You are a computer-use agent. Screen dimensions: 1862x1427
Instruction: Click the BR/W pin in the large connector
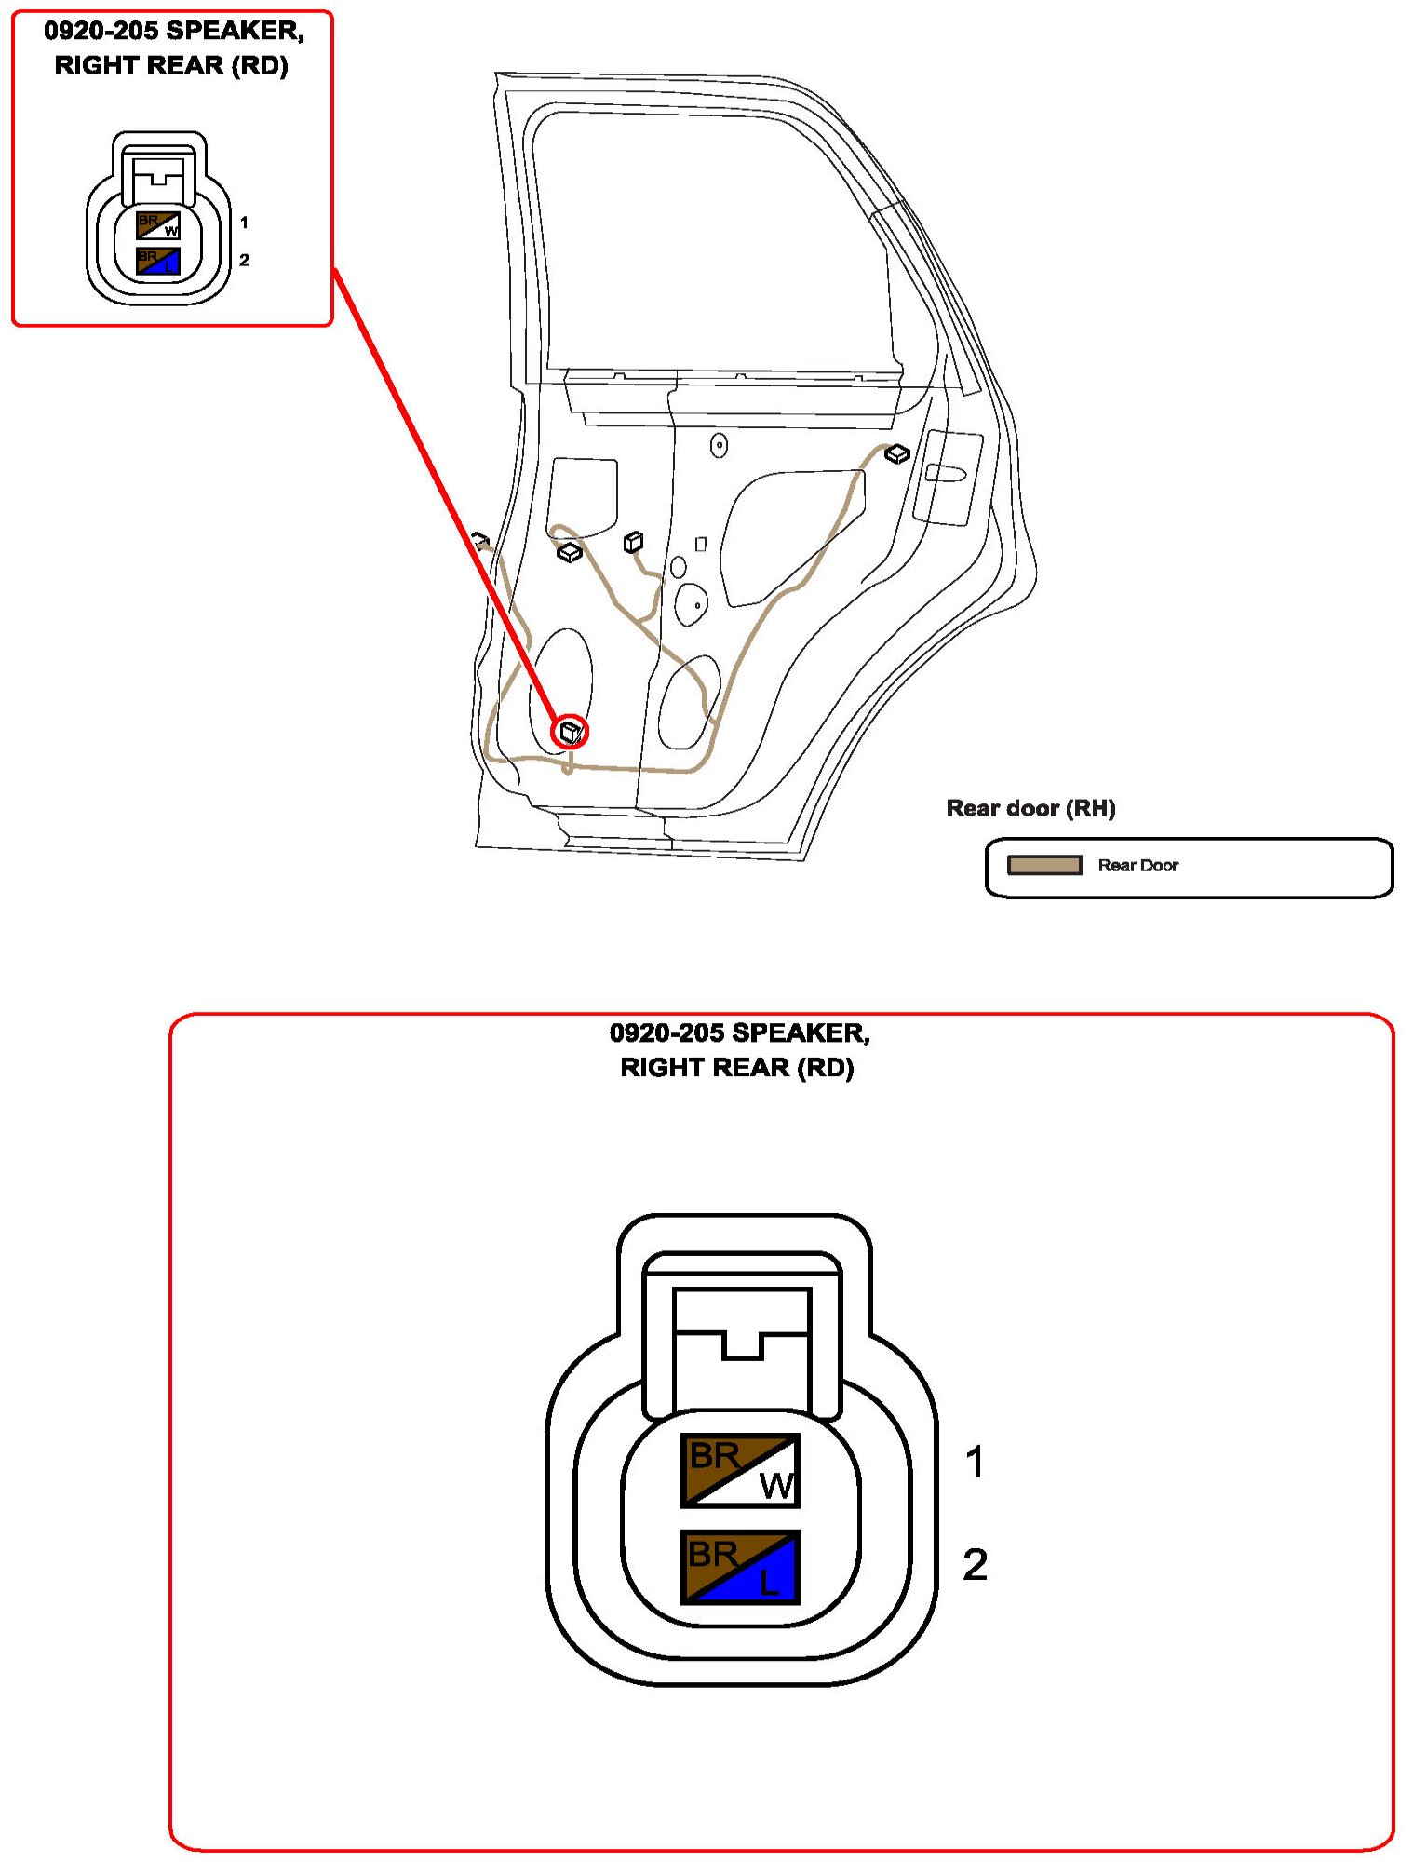pos(740,1470)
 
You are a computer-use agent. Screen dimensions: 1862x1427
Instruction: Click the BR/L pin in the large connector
pos(740,1567)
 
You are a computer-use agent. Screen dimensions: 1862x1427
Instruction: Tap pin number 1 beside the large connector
pos(975,1462)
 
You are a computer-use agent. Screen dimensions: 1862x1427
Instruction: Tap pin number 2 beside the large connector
pos(975,1564)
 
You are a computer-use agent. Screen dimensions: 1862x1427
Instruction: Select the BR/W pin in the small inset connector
pos(158,225)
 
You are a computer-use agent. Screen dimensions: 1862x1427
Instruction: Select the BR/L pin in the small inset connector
pos(158,261)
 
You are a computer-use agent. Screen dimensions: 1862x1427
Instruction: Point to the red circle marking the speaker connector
pos(570,732)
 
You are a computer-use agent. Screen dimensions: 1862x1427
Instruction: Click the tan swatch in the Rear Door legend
pos(1044,866)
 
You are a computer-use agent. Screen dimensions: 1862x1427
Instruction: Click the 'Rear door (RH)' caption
pos(1030,808)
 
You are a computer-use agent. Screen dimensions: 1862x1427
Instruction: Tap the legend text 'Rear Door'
pos(1138,866)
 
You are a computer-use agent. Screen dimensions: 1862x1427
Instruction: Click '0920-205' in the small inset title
pos(101,31)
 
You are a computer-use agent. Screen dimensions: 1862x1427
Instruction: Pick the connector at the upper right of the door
pos(896,453)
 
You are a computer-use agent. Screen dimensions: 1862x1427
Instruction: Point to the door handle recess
pos(945,473)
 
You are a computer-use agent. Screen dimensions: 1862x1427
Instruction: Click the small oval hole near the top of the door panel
pos(719,446)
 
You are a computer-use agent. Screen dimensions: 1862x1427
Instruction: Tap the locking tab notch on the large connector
pos(742,1345)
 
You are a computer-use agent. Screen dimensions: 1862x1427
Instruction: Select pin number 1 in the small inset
pos(244,223)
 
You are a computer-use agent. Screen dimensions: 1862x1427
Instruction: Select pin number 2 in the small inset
pos(244,260)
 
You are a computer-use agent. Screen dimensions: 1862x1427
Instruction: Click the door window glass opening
pos(707,242)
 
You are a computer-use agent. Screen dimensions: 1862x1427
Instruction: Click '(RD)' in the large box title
pos(826,1067)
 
